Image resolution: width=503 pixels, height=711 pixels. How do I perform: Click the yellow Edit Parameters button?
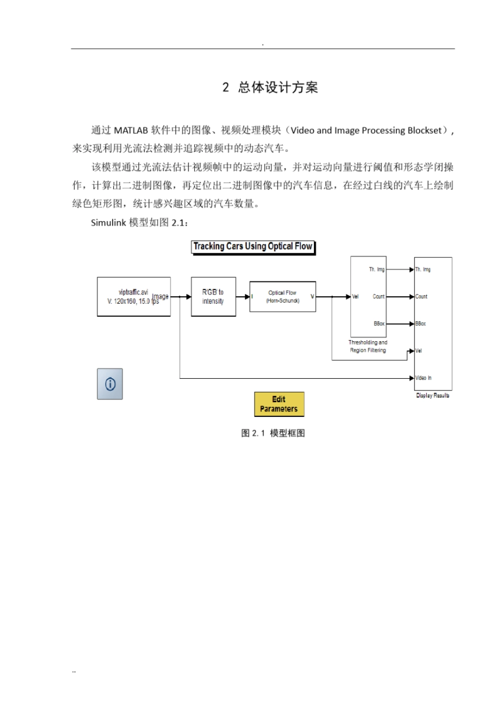click(279, 404)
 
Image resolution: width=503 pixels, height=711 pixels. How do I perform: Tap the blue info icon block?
click(110, 384)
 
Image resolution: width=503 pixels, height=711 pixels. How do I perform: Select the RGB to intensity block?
click(213, 297)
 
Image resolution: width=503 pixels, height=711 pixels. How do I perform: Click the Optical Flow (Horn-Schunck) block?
click(283, 297)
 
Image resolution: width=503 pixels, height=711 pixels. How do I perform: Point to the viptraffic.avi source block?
click(133, 297)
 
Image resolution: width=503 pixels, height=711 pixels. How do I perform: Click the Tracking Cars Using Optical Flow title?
click(253, 247)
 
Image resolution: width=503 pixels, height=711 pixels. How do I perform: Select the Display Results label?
click(433, 395)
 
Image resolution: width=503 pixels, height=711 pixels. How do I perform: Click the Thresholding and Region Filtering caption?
click(368, 347)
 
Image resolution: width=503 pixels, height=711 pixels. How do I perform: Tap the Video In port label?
click(423, 378)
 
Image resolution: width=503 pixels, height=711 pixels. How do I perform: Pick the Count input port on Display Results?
click(421, 297)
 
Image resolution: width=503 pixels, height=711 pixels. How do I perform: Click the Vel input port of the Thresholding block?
click(355, 297)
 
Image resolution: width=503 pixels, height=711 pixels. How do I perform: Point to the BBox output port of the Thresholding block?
click(379, 324)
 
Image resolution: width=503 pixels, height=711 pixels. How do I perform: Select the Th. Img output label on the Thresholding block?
click(377, 270)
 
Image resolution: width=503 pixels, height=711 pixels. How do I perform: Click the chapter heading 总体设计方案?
click(278, 88)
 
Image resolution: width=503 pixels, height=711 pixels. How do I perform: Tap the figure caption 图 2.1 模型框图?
click(273, 433)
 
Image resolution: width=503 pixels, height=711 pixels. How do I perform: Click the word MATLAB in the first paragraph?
click(131, 131)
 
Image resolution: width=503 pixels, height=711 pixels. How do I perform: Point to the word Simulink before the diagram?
click(109, 223)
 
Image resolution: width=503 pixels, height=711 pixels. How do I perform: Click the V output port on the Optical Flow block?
click(312, 297)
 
